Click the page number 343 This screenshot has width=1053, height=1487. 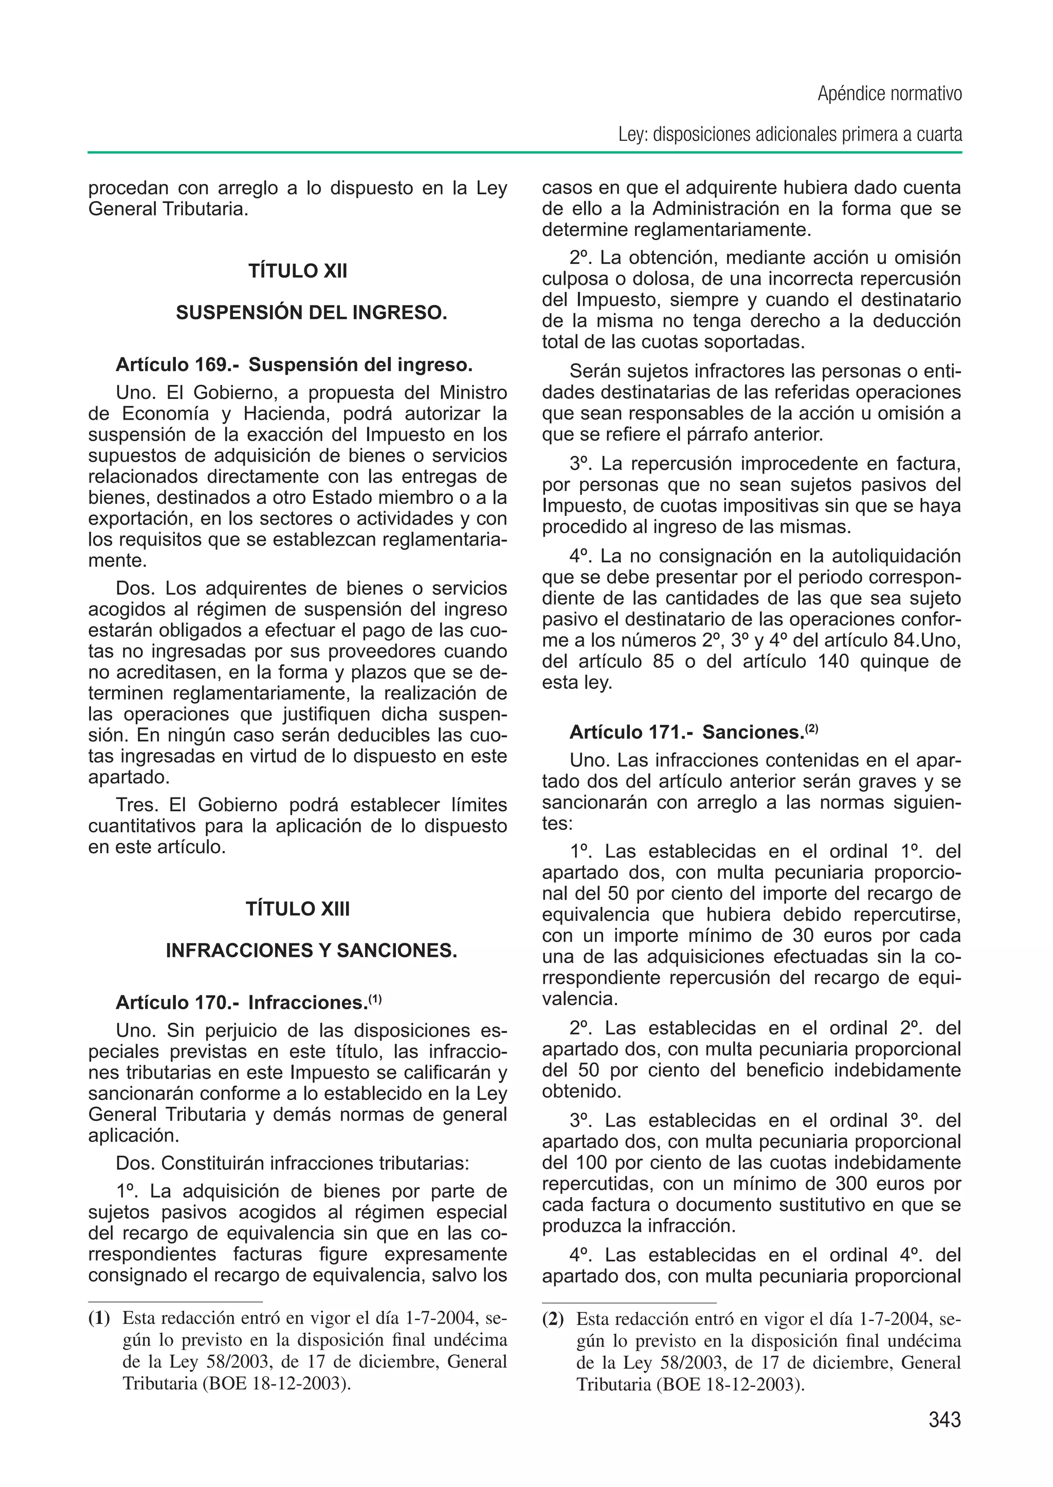(944, 1420)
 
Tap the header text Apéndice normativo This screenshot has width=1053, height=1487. (889, 94)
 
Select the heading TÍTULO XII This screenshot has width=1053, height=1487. (298, 271)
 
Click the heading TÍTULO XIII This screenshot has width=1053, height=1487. (298, 909)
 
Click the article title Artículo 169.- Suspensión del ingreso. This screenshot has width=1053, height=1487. (294, 365)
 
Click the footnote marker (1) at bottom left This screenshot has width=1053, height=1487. (99, 1318)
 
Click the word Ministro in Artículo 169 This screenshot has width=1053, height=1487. (474, 393)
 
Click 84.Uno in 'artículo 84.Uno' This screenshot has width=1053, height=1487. (928, 641)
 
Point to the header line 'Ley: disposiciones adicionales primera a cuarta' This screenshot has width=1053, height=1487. (789, 135)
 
